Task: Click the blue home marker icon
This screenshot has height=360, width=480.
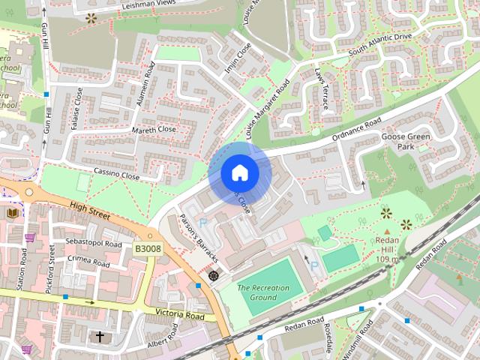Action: pos(240,173)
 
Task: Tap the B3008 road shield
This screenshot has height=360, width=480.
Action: pos(148,247)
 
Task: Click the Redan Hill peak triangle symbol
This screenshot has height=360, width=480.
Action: pos(387,213)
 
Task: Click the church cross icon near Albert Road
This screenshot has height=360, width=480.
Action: pos(100,337)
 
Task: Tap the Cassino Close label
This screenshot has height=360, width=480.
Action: pos(116,174)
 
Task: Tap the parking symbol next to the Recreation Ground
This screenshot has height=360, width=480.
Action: pos(315,265)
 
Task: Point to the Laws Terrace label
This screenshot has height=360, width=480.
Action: pos(322,90)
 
